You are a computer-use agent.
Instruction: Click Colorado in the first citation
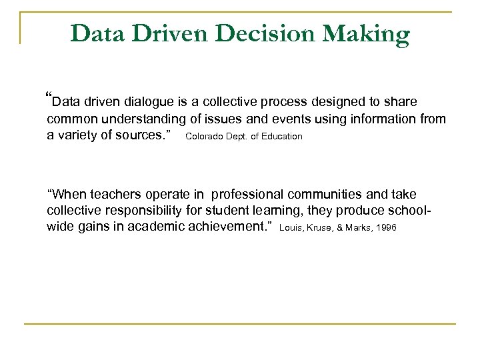(205, 137)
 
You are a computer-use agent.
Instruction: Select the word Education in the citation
(280, 137)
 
